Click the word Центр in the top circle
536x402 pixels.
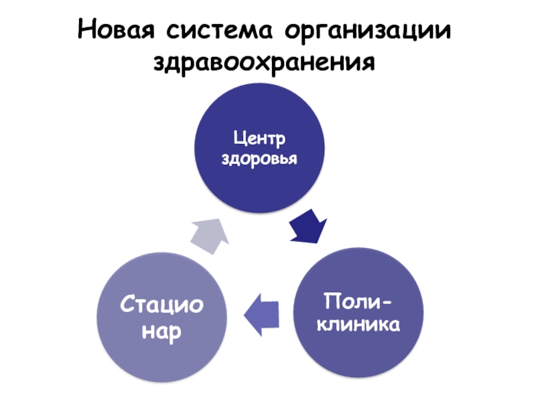tap(259, 139)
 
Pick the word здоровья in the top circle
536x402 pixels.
tap(259, 161)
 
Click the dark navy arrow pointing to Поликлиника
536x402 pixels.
tap(308, 227)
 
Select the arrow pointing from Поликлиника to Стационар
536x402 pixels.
tap(261, 314)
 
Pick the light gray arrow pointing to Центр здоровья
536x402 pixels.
tap(210, 234)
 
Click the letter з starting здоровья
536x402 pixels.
tap(225, 161)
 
